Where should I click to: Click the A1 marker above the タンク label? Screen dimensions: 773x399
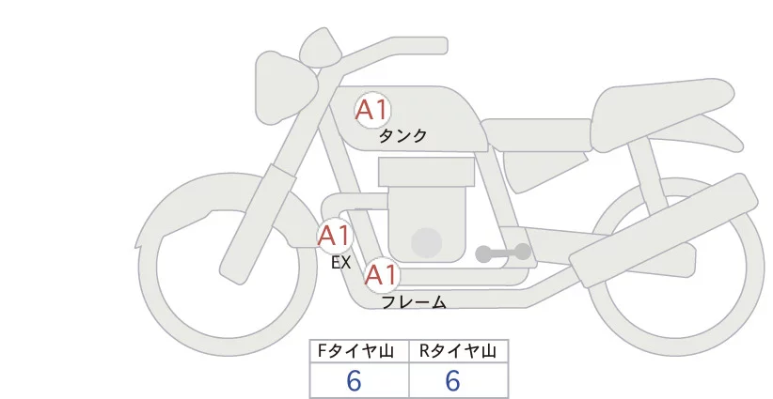(371, 111)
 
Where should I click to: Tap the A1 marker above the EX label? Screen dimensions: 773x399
(334, 235)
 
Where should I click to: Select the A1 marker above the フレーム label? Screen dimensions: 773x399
(381, 276)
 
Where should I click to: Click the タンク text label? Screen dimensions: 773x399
(402, 136)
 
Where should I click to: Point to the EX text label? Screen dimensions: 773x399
(340, 263)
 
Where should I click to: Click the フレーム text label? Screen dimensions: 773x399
(414, 301)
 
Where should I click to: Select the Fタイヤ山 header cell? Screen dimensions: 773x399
(359, 351)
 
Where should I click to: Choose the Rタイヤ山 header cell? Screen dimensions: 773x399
(458, 351)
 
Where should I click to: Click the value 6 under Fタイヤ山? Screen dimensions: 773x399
(355, 381)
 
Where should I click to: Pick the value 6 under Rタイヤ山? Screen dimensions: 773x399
(452, 381)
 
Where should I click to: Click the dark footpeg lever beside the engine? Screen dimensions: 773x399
(504, 253)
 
